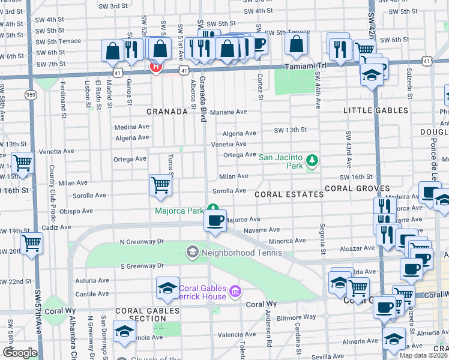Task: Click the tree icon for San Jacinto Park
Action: click(x=312, y=160)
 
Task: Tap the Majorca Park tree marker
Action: click(x=212, y=209)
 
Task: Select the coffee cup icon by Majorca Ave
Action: click(x=215, y=220)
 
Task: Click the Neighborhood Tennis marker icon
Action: click(x=193, y=251)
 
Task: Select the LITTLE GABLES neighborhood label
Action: click(x=375, y=110)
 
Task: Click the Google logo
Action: click(x=20, y=353)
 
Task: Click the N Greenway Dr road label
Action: click(x=142, y=242)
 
